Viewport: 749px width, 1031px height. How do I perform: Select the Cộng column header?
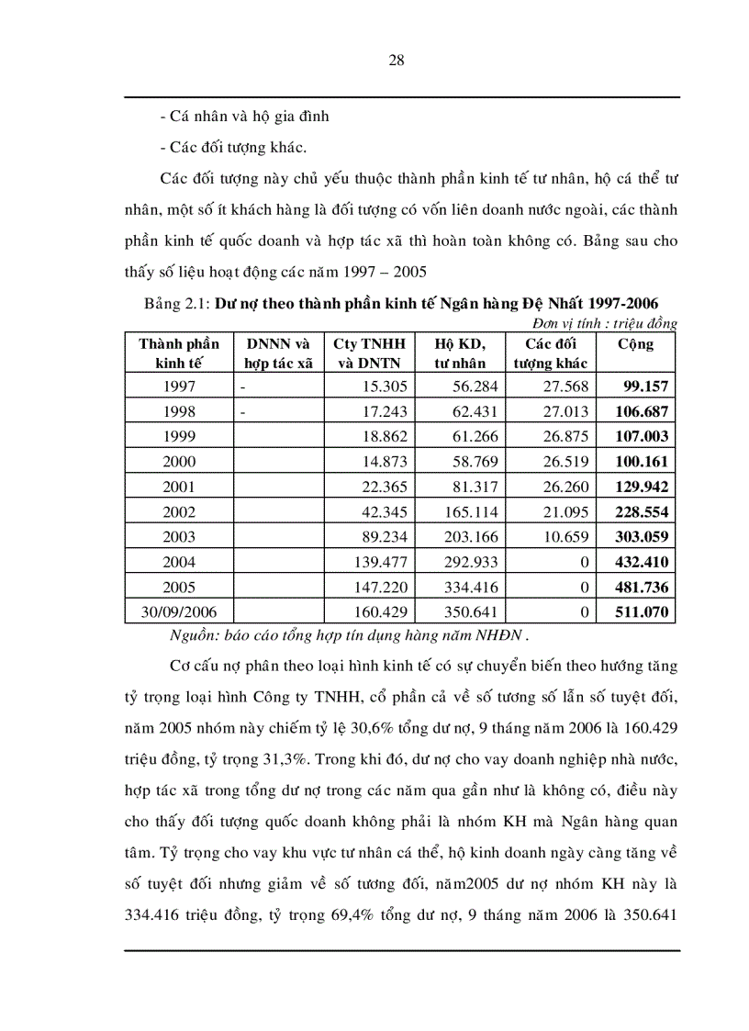[635, 344]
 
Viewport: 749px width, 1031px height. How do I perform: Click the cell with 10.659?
[561, 536]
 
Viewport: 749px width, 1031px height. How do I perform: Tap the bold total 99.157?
[646, 387]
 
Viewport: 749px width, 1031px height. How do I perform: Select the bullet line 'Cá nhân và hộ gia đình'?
[243, 117]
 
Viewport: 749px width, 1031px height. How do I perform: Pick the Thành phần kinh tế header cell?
[179, 353]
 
